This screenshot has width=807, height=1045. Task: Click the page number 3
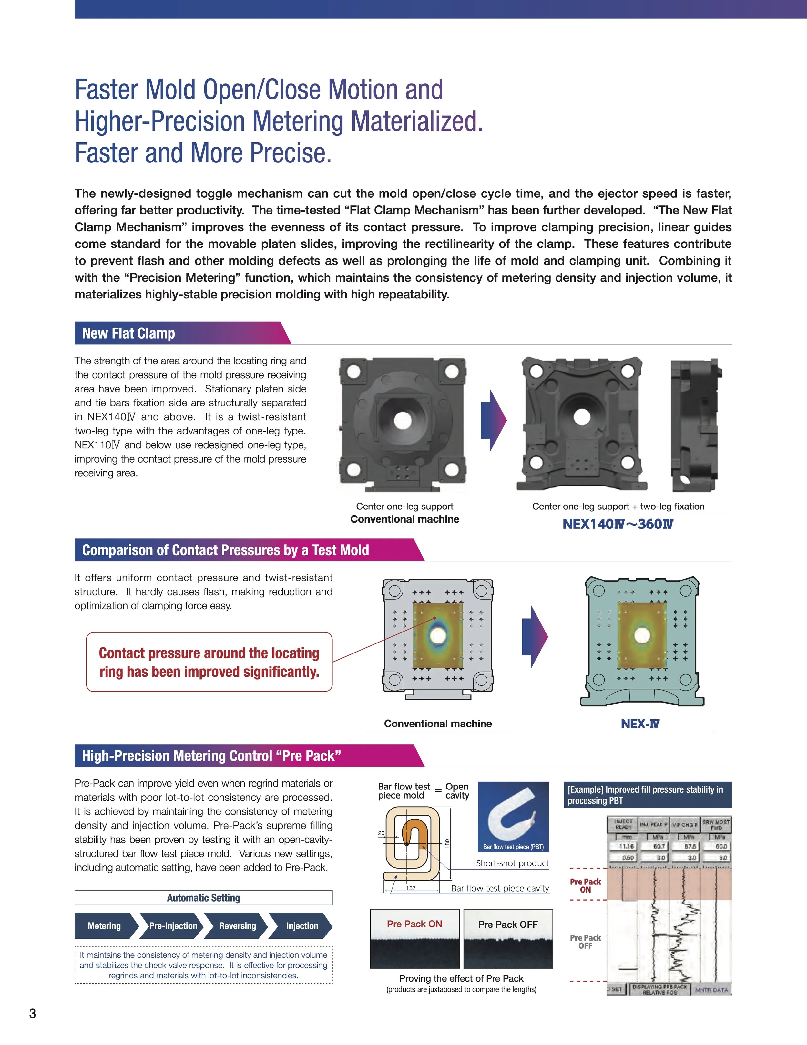33,1013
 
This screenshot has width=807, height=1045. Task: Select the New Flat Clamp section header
128,333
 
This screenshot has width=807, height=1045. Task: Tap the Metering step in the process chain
104,926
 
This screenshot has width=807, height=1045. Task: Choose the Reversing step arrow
237,926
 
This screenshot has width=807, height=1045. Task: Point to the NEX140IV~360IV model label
618,524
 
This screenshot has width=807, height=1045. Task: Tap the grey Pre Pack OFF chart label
585,942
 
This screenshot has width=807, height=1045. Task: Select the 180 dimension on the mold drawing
447,843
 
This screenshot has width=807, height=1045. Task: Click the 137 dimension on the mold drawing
411,888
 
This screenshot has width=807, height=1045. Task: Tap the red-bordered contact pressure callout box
209,662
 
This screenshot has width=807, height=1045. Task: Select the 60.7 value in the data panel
659,846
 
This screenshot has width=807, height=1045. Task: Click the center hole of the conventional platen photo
403,421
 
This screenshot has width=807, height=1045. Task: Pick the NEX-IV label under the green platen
640,724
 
